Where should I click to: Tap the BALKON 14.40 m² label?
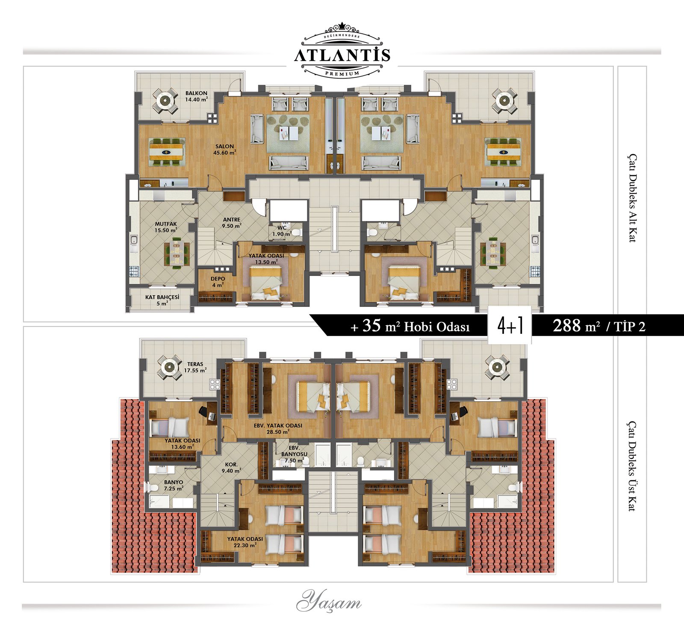click(x=196, y=96)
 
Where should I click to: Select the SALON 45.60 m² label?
click(x=224, y=149)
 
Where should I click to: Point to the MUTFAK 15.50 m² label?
click(x=166, y=227)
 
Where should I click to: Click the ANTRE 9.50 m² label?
click(x=232, y=223)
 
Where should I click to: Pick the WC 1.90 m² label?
click(x=282, y=231)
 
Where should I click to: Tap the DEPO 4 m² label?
click(x=218, y=282)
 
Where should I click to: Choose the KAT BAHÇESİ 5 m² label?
click(x=162, y=300)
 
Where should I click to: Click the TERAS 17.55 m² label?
click(x=195, y=367)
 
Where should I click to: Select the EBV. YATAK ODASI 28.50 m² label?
click(x=278, y=429)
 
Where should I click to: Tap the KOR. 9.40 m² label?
click(x=231, y=468)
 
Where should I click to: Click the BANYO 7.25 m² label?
click(x=174, y=485)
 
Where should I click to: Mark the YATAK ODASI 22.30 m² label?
click(x=245, y=542)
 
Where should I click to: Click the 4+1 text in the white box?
click(x=510, y=326)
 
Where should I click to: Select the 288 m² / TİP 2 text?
click(x=599, y=326)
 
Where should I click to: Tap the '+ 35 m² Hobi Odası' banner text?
click(x=410, y=326)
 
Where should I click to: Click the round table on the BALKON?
click(x=165, y=101)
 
